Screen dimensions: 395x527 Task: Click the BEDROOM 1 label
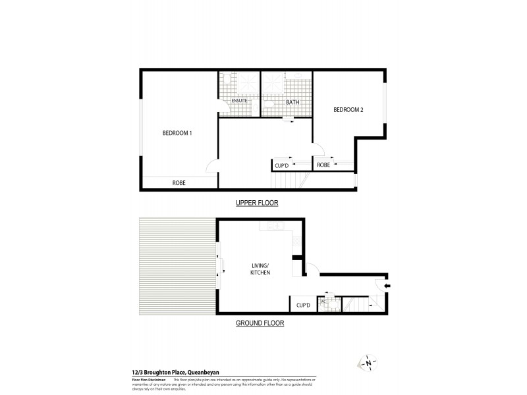point(177,133)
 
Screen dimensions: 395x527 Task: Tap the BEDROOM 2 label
point(348,110)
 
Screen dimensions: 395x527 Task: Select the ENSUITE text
point(230,101)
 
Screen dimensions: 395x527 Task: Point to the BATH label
point(292,103)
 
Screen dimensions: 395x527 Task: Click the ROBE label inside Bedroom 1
point(179,182)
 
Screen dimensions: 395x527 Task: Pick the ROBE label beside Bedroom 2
point(323,165)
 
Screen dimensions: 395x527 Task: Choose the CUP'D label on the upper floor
point(283,165)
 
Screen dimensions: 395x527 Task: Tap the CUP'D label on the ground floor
point(303,305)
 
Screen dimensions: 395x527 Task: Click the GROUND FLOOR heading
point(260,323)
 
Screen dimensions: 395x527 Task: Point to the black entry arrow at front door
point(387,286)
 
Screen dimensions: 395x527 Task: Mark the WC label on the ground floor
point(323,302)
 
